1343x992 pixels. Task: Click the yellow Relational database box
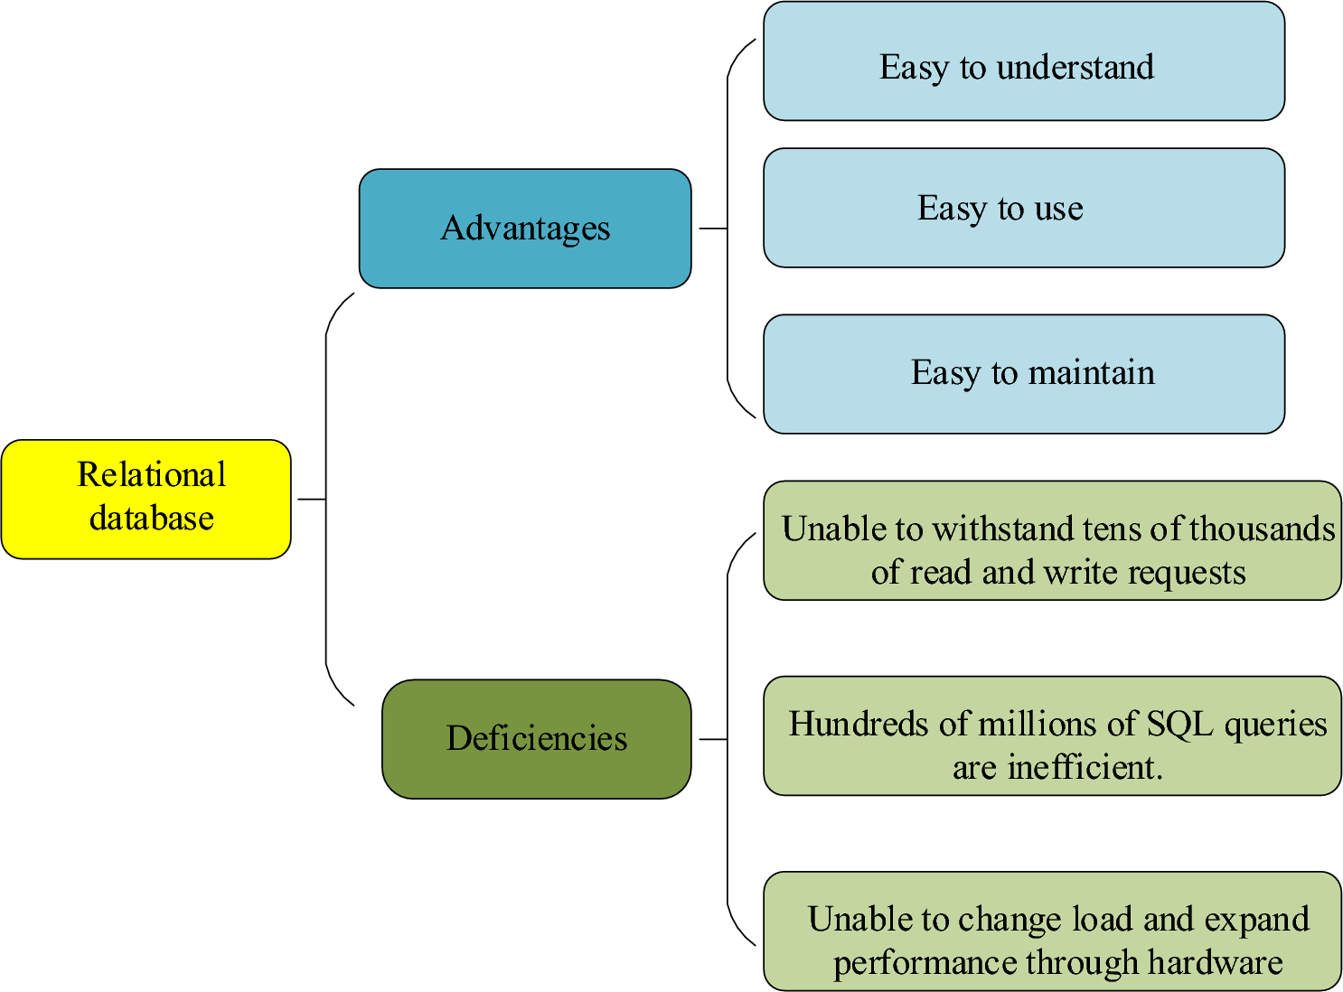[146, 499]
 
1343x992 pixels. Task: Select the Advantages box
[525, 229]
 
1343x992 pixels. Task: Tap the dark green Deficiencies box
[537, 739]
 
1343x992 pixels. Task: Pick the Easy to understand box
[1023, 61]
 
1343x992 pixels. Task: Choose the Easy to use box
[1023, 208]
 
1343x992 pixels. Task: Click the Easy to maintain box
[1023, 374]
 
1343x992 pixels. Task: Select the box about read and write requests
[1052, 540]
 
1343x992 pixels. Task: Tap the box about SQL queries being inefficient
[1052, 735]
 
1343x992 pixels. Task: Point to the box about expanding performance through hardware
[1052, 931]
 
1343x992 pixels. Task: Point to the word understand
[1075, 68]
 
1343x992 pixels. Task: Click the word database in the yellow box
[152, 519]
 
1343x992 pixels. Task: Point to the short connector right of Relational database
[310, 499]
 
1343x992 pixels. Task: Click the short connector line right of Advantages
[712, 229]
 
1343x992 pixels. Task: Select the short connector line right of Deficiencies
[712, 739]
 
